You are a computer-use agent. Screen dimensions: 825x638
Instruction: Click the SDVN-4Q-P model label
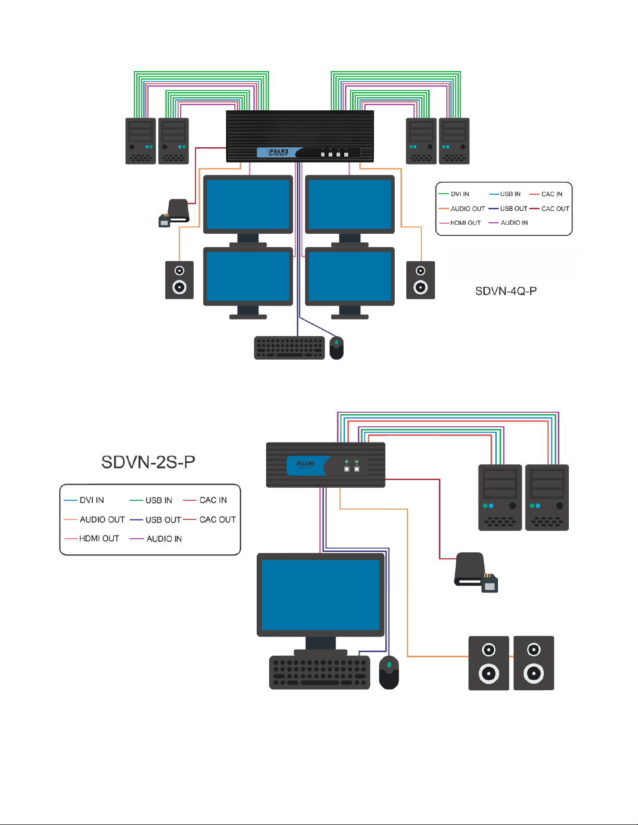pyautogui.click(x=506, y=291)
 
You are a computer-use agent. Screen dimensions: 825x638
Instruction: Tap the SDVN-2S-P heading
pyautogui.click(x=148, y=462)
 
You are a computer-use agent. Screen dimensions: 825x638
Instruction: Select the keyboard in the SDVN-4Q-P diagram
pyautogui.click(x=289, y=348)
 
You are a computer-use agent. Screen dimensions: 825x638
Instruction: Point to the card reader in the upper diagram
pyautogui.click(x=175, y=213)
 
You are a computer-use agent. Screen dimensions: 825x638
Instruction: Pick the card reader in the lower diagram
pyautogui.click(x=475, y=572)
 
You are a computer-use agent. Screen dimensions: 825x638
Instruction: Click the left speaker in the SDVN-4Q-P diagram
pyautogui.click(x=179, y=280)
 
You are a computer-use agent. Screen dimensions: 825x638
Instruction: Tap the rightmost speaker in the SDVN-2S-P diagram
pyautogui.click(x=533, y=663)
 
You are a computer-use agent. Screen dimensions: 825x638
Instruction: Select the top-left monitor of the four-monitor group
pyautogui.click(x=248, y=204)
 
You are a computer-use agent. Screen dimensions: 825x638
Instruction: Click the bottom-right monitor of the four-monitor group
pyautogui.click(x=349, y=276)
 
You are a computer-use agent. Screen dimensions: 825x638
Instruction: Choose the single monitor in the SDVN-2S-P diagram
pyautogui.click(x=320, y=595)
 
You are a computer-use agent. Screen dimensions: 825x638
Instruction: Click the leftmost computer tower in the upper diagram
pyautogui.click(x=141, y=141)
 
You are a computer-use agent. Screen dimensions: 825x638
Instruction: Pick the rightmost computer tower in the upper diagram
pyautogui.click(x=454, y=141)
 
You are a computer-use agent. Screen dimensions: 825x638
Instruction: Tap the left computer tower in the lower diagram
pyautogui.click(x=499, y=498)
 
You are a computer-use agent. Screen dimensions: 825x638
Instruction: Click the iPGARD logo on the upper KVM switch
pyautogui.click(x=278, y=152)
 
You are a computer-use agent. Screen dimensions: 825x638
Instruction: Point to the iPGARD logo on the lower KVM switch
pyautogui.click(x=305, y=464)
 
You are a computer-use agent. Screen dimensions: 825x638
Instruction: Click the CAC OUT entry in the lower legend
pyautogui.click(x=217, y=519)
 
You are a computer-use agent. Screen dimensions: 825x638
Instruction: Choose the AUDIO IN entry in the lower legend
pyautogui.click(x=164, y=539)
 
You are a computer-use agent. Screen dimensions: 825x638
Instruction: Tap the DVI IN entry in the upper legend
pyautogui.click(x=459, y=194)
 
